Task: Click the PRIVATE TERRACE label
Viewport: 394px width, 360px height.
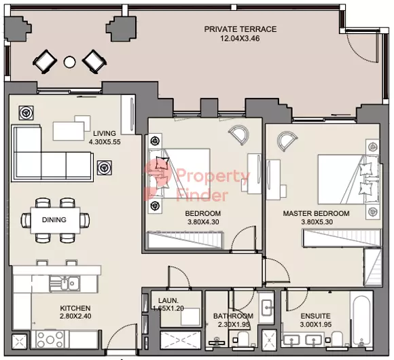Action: click(240, 29)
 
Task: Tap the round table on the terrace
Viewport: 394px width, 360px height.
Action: click(69, 62)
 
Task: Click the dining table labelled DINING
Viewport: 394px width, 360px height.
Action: click(55, 220)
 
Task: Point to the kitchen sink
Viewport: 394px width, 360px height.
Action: click(65, 284)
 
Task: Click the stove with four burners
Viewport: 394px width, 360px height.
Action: click(50, 340)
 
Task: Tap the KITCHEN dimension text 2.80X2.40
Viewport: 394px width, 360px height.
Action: click(75, 317)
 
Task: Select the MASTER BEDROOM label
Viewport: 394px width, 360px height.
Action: click(316, 213)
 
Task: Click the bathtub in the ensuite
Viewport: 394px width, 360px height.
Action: click(361, 319)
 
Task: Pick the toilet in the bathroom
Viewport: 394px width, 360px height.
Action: click(243, 339)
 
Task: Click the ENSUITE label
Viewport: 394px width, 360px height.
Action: click(316, 316)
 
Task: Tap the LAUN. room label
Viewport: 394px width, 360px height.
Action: click(168, 300)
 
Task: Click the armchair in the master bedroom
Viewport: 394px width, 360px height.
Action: click(287, 141)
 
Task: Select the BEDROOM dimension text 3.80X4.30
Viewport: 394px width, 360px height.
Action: click(203, 222)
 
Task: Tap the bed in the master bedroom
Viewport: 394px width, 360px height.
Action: click(348, 179)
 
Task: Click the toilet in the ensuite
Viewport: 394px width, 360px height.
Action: click(336, 339)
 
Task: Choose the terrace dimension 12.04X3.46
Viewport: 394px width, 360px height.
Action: click(240, 39)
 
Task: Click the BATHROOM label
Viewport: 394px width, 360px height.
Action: click(233, 316)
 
